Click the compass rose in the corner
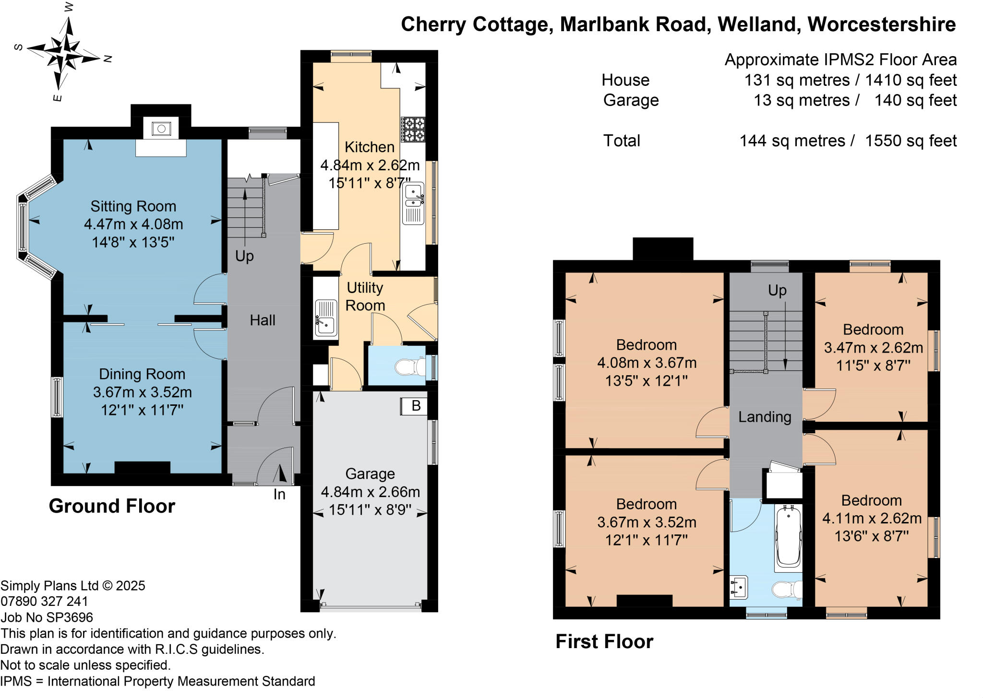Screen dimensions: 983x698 point(63,53)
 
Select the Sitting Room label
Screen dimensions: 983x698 point(133,206)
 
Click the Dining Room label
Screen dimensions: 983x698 point(142,374)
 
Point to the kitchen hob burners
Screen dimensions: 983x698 point(413,130)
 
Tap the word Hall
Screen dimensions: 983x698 point(263,320)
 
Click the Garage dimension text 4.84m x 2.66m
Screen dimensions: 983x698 point(370,492)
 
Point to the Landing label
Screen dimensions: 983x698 point(765,417)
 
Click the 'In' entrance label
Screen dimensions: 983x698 point(279,494)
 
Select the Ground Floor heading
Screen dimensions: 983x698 point(112,506)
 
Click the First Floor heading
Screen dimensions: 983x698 point(604,642)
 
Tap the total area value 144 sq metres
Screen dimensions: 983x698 point(792,141)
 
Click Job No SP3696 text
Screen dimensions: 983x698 point(47,617)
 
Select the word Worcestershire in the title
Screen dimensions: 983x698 point(882,24)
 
